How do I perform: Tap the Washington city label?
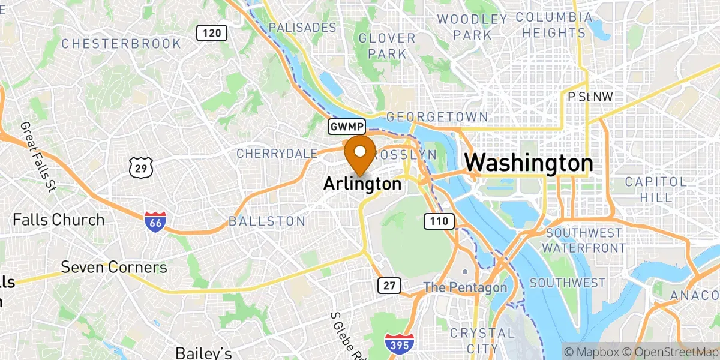[529, 163]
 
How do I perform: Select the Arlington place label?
[362, 184]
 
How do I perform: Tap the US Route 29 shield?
[141, 167]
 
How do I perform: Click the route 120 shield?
[212, 33]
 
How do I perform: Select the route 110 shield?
[439, 221]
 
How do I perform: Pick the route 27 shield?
[389, 286]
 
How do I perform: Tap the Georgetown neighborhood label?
[437, 117]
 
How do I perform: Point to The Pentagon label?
[465, 287]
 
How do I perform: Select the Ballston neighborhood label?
[267, 221]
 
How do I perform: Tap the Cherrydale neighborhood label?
[276, 154]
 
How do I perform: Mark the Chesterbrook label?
[121, 43]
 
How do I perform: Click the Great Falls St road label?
[37, 156]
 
